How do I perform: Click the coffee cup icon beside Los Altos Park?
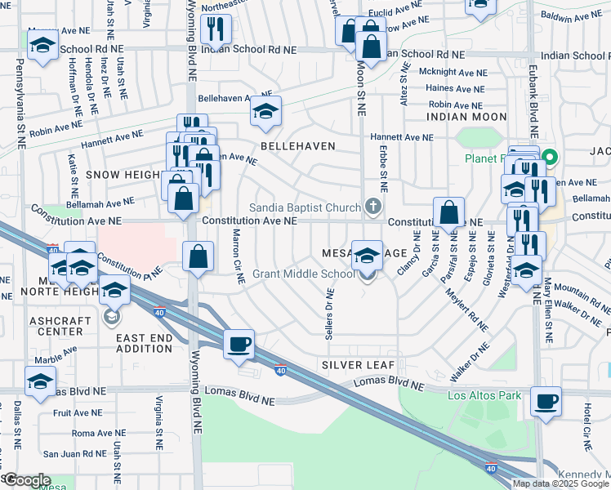pos(546,402)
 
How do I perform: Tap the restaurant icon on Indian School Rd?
pos(216,29)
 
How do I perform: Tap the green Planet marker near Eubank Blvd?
pos(550,158)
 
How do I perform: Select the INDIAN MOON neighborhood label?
pos(466,118)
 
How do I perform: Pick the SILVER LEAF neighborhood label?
pos(358,364)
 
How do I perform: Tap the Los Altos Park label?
pos(484,396)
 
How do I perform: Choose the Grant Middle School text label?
pos(303,274)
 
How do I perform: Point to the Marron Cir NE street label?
pos(237,256)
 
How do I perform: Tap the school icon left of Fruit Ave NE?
pos(40,381)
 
